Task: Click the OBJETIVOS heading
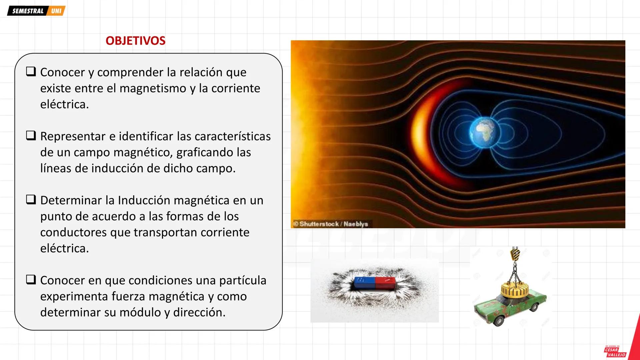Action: point(135,41)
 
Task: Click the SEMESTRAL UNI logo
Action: point(36,11)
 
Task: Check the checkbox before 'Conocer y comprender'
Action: point(31,71)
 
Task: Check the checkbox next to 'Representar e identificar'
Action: point(31,135)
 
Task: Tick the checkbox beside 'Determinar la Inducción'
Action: point(31,199)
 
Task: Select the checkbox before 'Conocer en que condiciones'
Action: point(31,279)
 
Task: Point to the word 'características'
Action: point(232,136)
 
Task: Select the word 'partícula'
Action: point(242,280)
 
